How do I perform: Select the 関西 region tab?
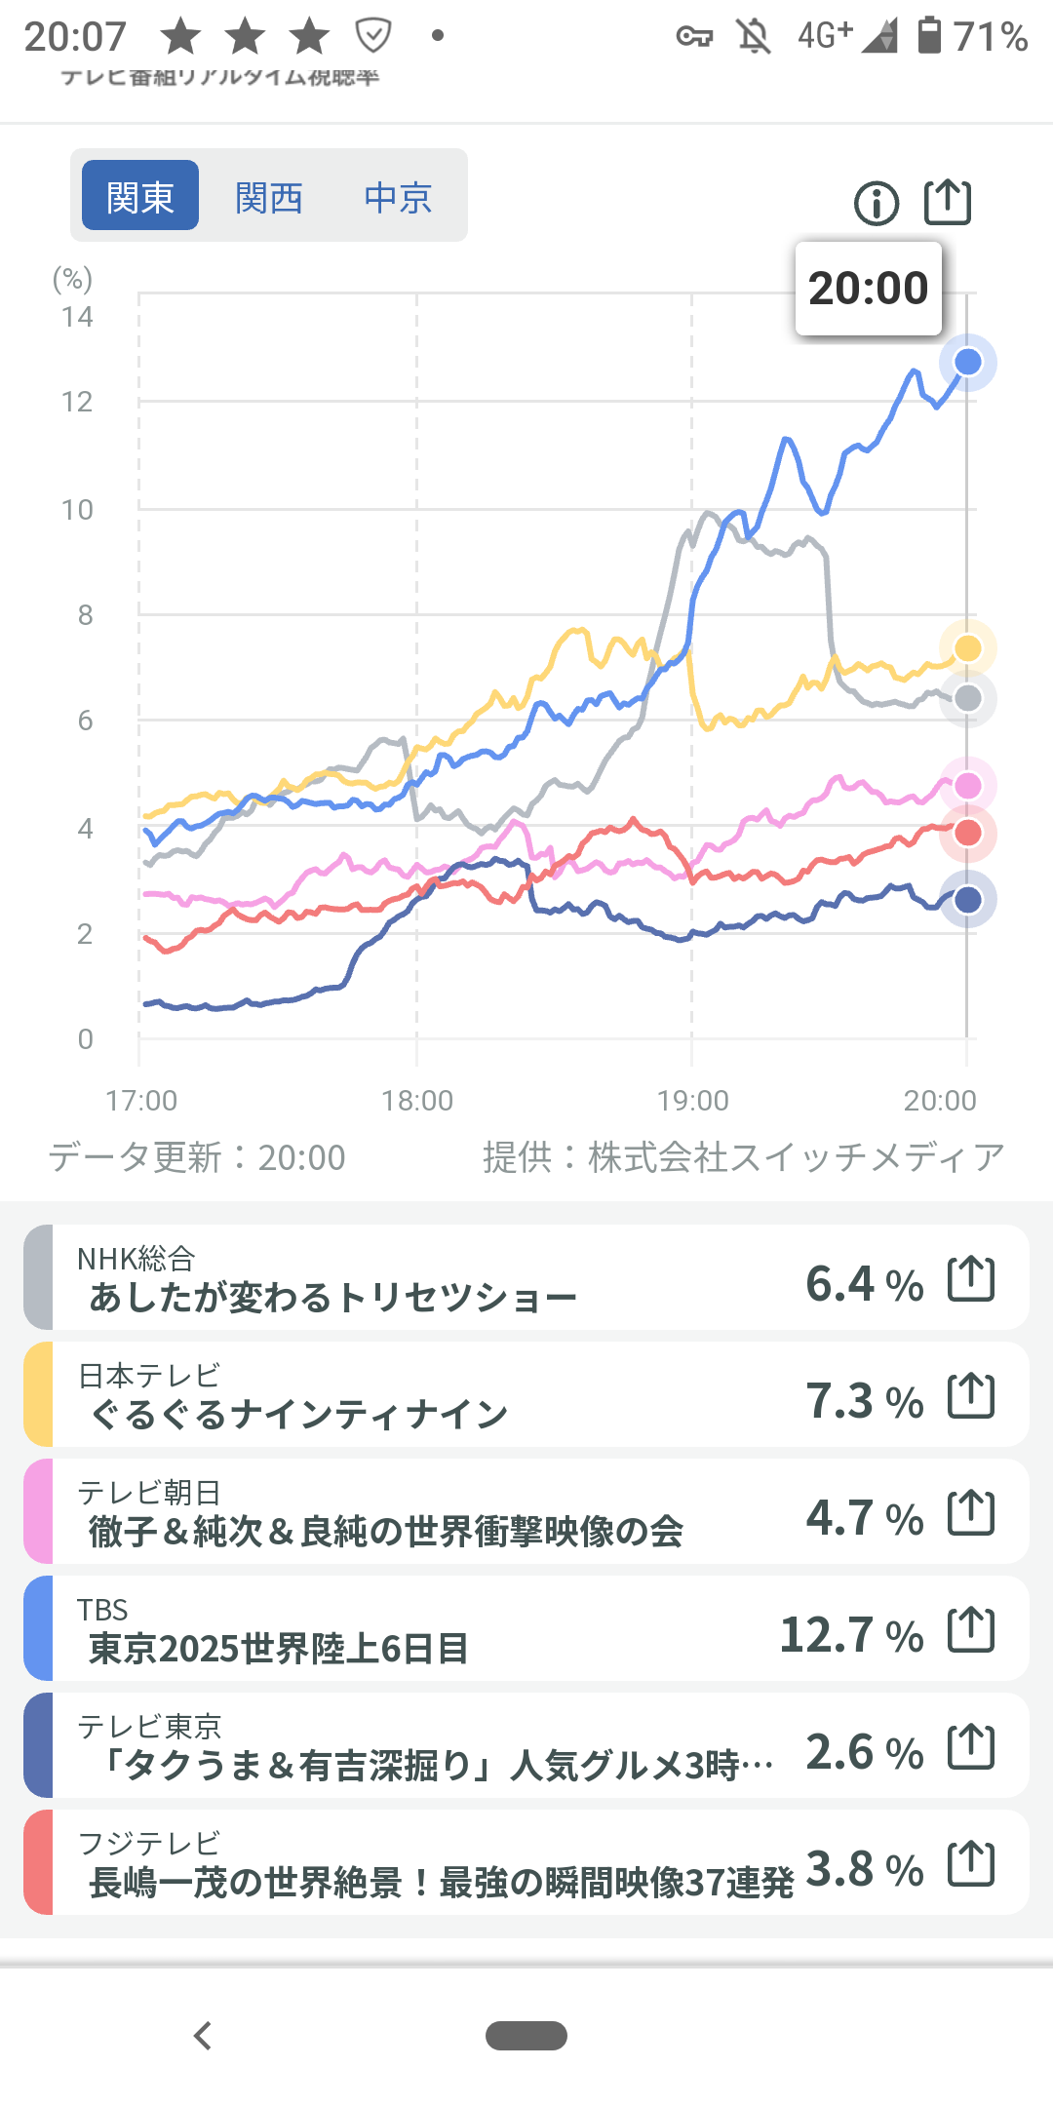(269, 198)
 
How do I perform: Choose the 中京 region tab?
(398, 198)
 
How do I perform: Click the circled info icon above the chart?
(876, 204)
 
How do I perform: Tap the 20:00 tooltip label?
(868, 289)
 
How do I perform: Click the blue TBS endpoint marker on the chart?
(967, 362)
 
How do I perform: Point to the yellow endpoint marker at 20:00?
(967, 648)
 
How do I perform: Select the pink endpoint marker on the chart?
(967, 786)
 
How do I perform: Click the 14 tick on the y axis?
(77, 317)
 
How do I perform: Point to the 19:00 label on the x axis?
(692, 1101)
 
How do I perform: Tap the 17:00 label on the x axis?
(141, 1101)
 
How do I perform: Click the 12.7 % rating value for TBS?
(851, 1635)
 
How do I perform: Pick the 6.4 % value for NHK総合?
(864, 1284)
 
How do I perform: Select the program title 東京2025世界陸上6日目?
(279, 1649)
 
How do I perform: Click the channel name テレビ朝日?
(149, 1492)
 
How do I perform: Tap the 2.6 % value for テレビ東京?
(864, 1752)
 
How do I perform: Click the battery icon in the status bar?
(930, 36)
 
